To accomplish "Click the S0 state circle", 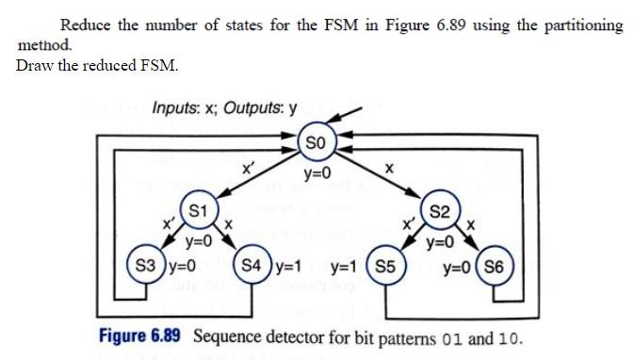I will coord(317,142).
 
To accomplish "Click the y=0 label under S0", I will coord(317,173).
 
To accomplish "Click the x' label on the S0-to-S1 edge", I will coord(247,167).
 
